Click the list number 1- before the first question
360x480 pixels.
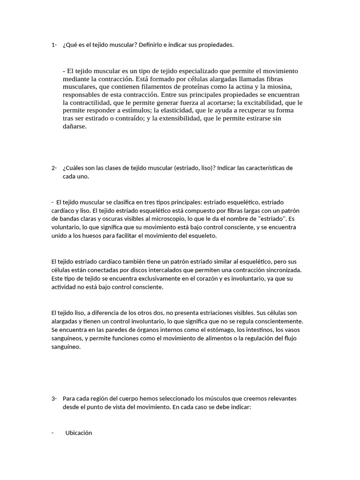pyautogui.click(x=54, y=45)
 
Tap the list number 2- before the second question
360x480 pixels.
pyautogui.click(x=54, y=168)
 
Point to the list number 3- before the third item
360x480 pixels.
pyautogui.click(x=54, y=399)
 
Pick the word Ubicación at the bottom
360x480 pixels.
pyautogui.click(x=79, y=433)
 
